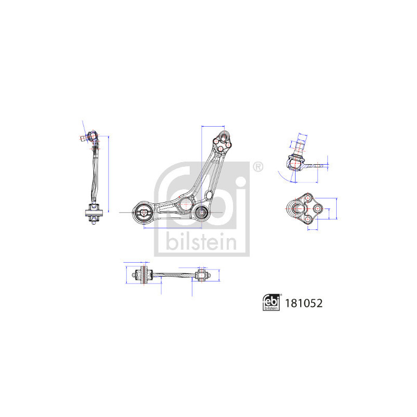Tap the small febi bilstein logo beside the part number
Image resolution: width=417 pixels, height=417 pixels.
click(271, 302)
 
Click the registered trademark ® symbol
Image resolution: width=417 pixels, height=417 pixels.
click(257, 167)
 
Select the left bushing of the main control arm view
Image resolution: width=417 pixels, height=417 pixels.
click(143, 212)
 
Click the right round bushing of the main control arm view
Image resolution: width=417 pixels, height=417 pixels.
click(202, 213)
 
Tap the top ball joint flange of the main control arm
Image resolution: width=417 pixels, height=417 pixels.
click(222, 142)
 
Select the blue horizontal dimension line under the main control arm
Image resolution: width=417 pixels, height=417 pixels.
click(172, 228)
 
